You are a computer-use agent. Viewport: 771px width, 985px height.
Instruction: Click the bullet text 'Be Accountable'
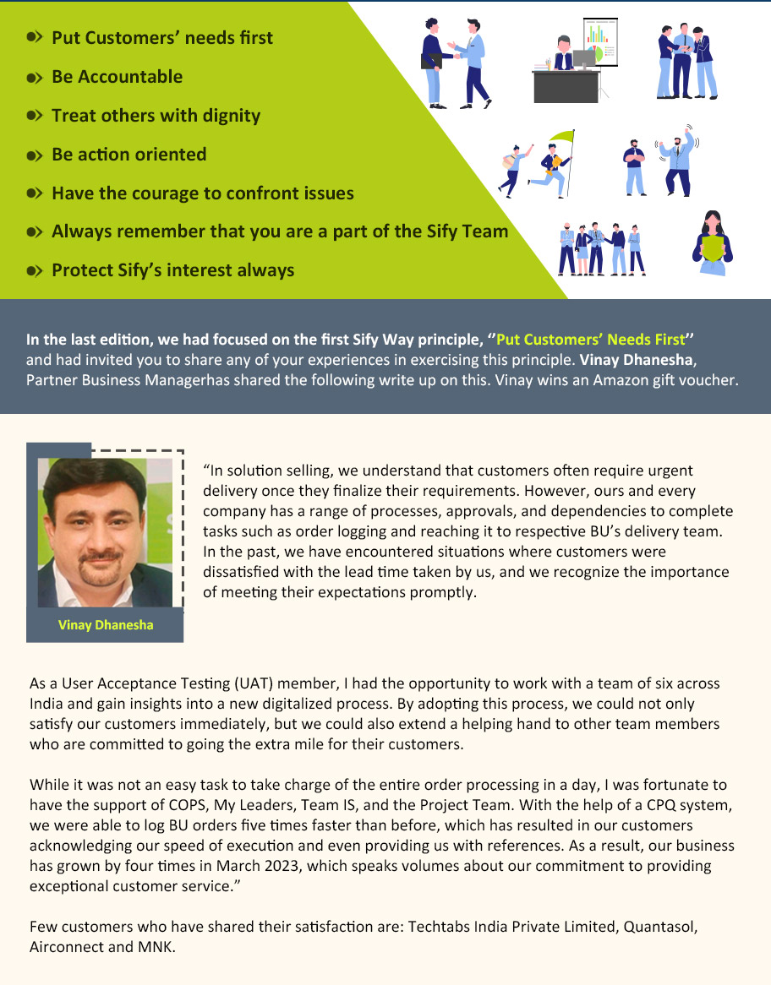117,77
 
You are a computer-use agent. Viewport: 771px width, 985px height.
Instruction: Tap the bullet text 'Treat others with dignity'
156,116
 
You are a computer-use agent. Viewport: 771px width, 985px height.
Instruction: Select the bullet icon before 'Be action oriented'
35,155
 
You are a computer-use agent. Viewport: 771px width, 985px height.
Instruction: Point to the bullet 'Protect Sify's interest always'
172,270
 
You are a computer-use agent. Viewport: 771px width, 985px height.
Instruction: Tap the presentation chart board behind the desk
599,41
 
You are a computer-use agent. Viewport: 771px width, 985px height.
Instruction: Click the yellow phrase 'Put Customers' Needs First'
590,340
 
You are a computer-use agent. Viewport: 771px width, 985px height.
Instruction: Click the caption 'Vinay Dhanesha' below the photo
106,625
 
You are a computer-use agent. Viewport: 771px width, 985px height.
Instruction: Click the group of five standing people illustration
601,249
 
